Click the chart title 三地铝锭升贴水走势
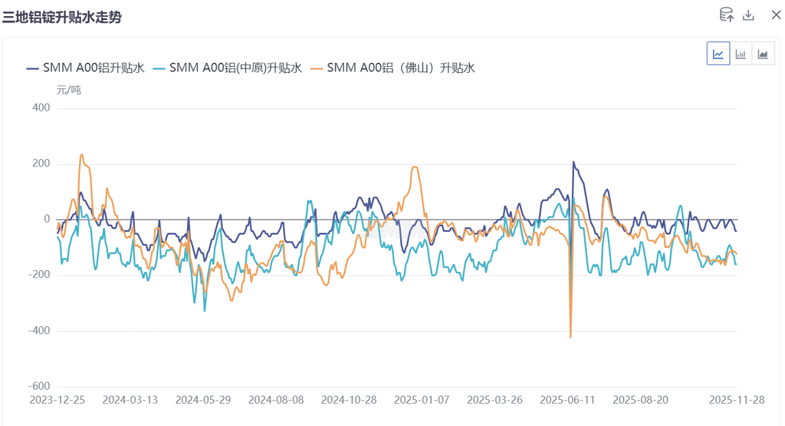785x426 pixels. point(62,17)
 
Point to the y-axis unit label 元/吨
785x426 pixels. point(69,90)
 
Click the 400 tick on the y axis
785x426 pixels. point(41,108)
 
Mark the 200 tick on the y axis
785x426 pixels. point(41,164)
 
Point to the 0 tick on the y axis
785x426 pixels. point(47,220)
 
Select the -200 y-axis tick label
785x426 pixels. point(38,275)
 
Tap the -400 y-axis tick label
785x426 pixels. point(38,331)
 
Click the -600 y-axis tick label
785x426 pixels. point(38,386)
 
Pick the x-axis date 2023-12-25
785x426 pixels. point(57,400)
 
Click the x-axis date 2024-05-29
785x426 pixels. point(203,400)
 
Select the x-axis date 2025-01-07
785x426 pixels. point(422,400)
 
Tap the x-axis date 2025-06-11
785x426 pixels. point(567,400)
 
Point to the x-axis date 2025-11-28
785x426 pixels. point(736,400)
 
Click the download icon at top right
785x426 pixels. point(749,15)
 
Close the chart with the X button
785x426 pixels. point(776,15)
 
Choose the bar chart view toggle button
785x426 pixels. point(741,54)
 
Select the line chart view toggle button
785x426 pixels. point(718,54)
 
